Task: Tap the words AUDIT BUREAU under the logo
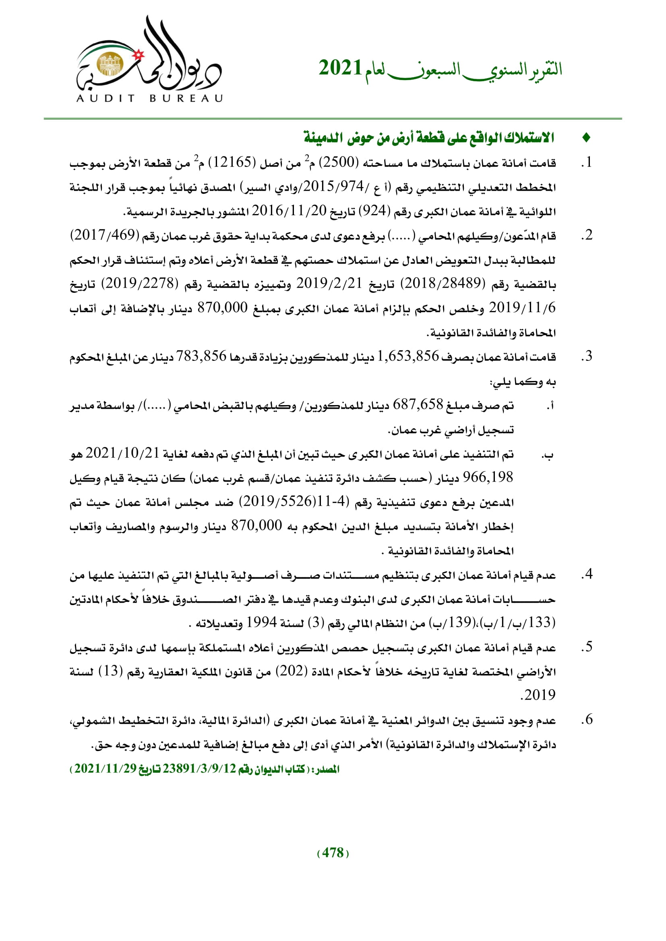(x=150, y=98)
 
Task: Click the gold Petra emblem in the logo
(x=110, y=65)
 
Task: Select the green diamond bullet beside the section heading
(x=586, y=138)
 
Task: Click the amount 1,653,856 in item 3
(x=408, y=356)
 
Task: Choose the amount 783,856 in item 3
(x=201, y=356)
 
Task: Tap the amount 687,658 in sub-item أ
(x=418, y=404)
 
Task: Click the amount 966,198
(x=488, y=477)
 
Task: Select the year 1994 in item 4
(x=261, y=622)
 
